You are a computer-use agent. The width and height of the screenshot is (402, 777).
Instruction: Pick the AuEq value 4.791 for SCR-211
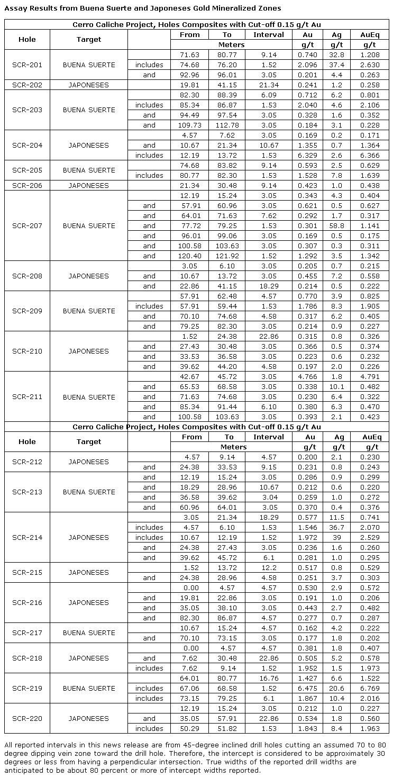click(x=370, y=377)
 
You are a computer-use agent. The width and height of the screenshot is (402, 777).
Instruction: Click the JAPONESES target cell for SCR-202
click(x=89, y=85)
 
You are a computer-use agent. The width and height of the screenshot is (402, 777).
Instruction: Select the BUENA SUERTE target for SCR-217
click(x=89, y=633)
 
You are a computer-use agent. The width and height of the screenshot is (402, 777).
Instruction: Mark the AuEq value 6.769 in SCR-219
click(x=370, y=689)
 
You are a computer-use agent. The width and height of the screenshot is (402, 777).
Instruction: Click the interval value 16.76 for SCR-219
click(x=269, y=679)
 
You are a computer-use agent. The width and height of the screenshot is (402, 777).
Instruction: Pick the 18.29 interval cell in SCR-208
click(x=269, y=286)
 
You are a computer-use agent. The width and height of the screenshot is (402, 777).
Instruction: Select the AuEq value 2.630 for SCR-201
click(x=370, y=65)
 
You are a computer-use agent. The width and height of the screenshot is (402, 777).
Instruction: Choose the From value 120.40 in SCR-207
click(x=189, y=256)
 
